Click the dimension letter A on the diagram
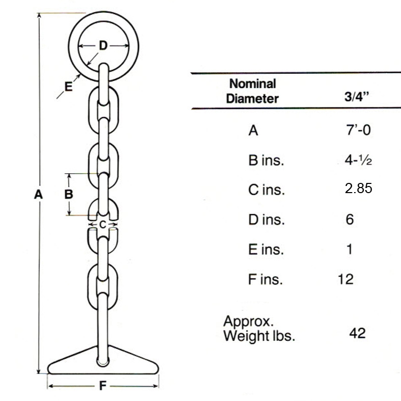coord(38,194)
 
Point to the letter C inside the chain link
coord(102,224)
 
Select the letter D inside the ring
coord(103,46)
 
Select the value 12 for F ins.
coord(345,279)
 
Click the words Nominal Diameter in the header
coord(253,91)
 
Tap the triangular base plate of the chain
coord(103,362)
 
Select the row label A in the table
coord(253,131)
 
